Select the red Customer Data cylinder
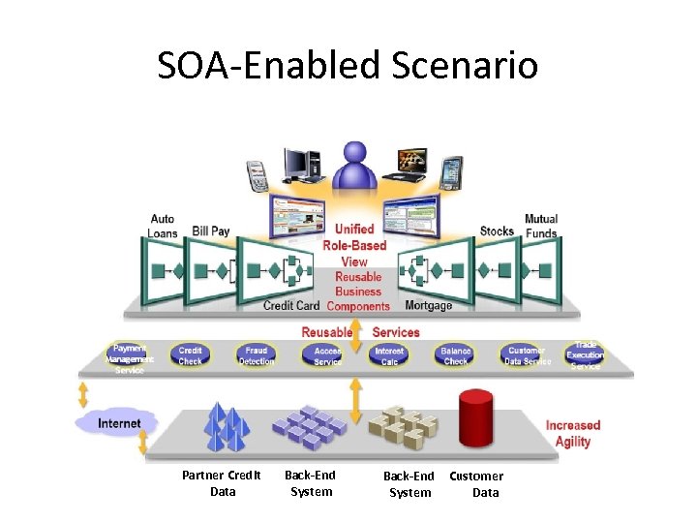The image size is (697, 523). [x=475, y=417]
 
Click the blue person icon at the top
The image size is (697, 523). [x=354, y=167]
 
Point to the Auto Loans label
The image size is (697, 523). [x=162, y=227]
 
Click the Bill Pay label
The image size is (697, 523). [x=211, y=231]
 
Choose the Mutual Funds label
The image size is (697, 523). [x=541, y=227]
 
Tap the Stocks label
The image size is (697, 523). [x=497, y=231]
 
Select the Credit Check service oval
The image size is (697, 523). [x=191, y=355]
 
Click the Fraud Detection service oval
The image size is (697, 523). [x=257, y=355]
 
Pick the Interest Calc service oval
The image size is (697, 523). [x=389, y=355]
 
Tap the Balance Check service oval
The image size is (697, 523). [x=455, y=355]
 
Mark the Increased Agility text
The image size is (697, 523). [x=573, y=433]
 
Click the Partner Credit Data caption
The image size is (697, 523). [x=222, y=483]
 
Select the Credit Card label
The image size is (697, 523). [x=291, y=306]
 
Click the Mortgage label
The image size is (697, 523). [x=428, y=306]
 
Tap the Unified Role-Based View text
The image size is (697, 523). [x=354, y=245]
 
